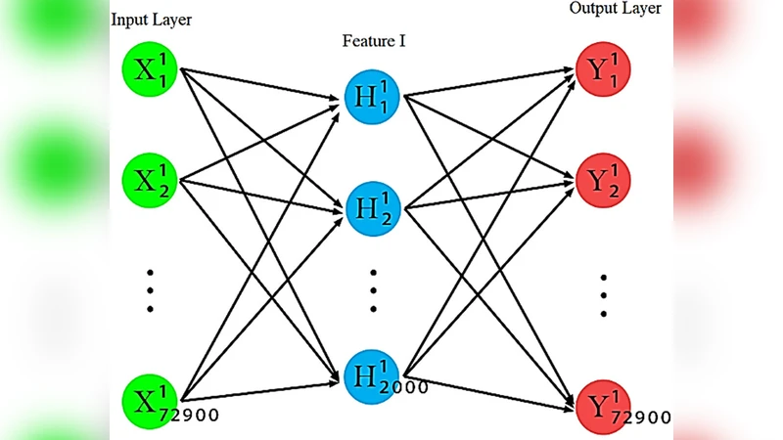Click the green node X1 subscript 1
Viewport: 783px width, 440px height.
pyautogui.click(x=150, y=69)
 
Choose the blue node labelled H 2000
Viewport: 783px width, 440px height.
pyautogui.click(x=373, y=374)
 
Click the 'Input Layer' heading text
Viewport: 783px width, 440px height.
pyautogui.click(x=152, y=19)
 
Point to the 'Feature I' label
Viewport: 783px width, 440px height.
pyautogui.click(x=373, y=41)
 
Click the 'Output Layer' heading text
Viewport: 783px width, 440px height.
pyautogui.click(x=615, y=9)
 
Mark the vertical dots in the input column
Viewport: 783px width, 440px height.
pyautogui.click(x=150, y=290)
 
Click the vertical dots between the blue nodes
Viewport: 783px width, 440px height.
pyautogui.click(x=373, y=290)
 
